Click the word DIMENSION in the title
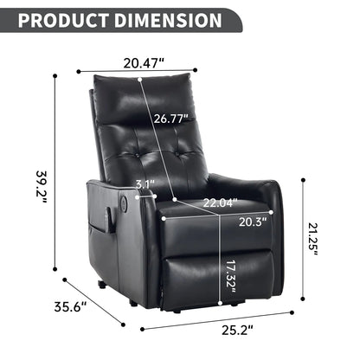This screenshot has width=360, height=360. (173, 19)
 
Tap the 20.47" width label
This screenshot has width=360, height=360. (143, 62)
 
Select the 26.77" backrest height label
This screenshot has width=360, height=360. (171, 119)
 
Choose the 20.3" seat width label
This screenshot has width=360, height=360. (251, 221)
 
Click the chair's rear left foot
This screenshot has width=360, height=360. (103, 284)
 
